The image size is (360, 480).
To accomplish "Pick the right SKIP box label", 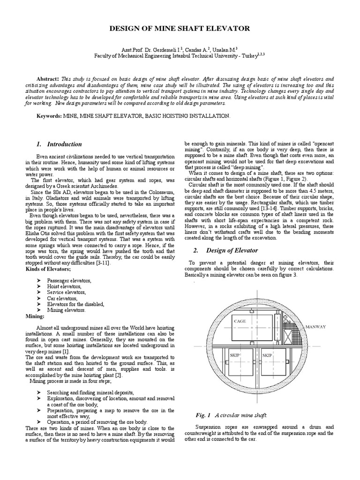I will point(267,355).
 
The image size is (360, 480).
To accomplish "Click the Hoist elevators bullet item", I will point(64,286).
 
